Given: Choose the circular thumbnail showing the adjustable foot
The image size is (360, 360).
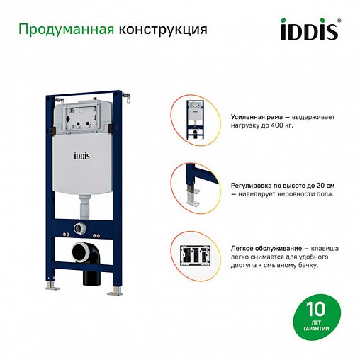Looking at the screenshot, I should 193,185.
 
